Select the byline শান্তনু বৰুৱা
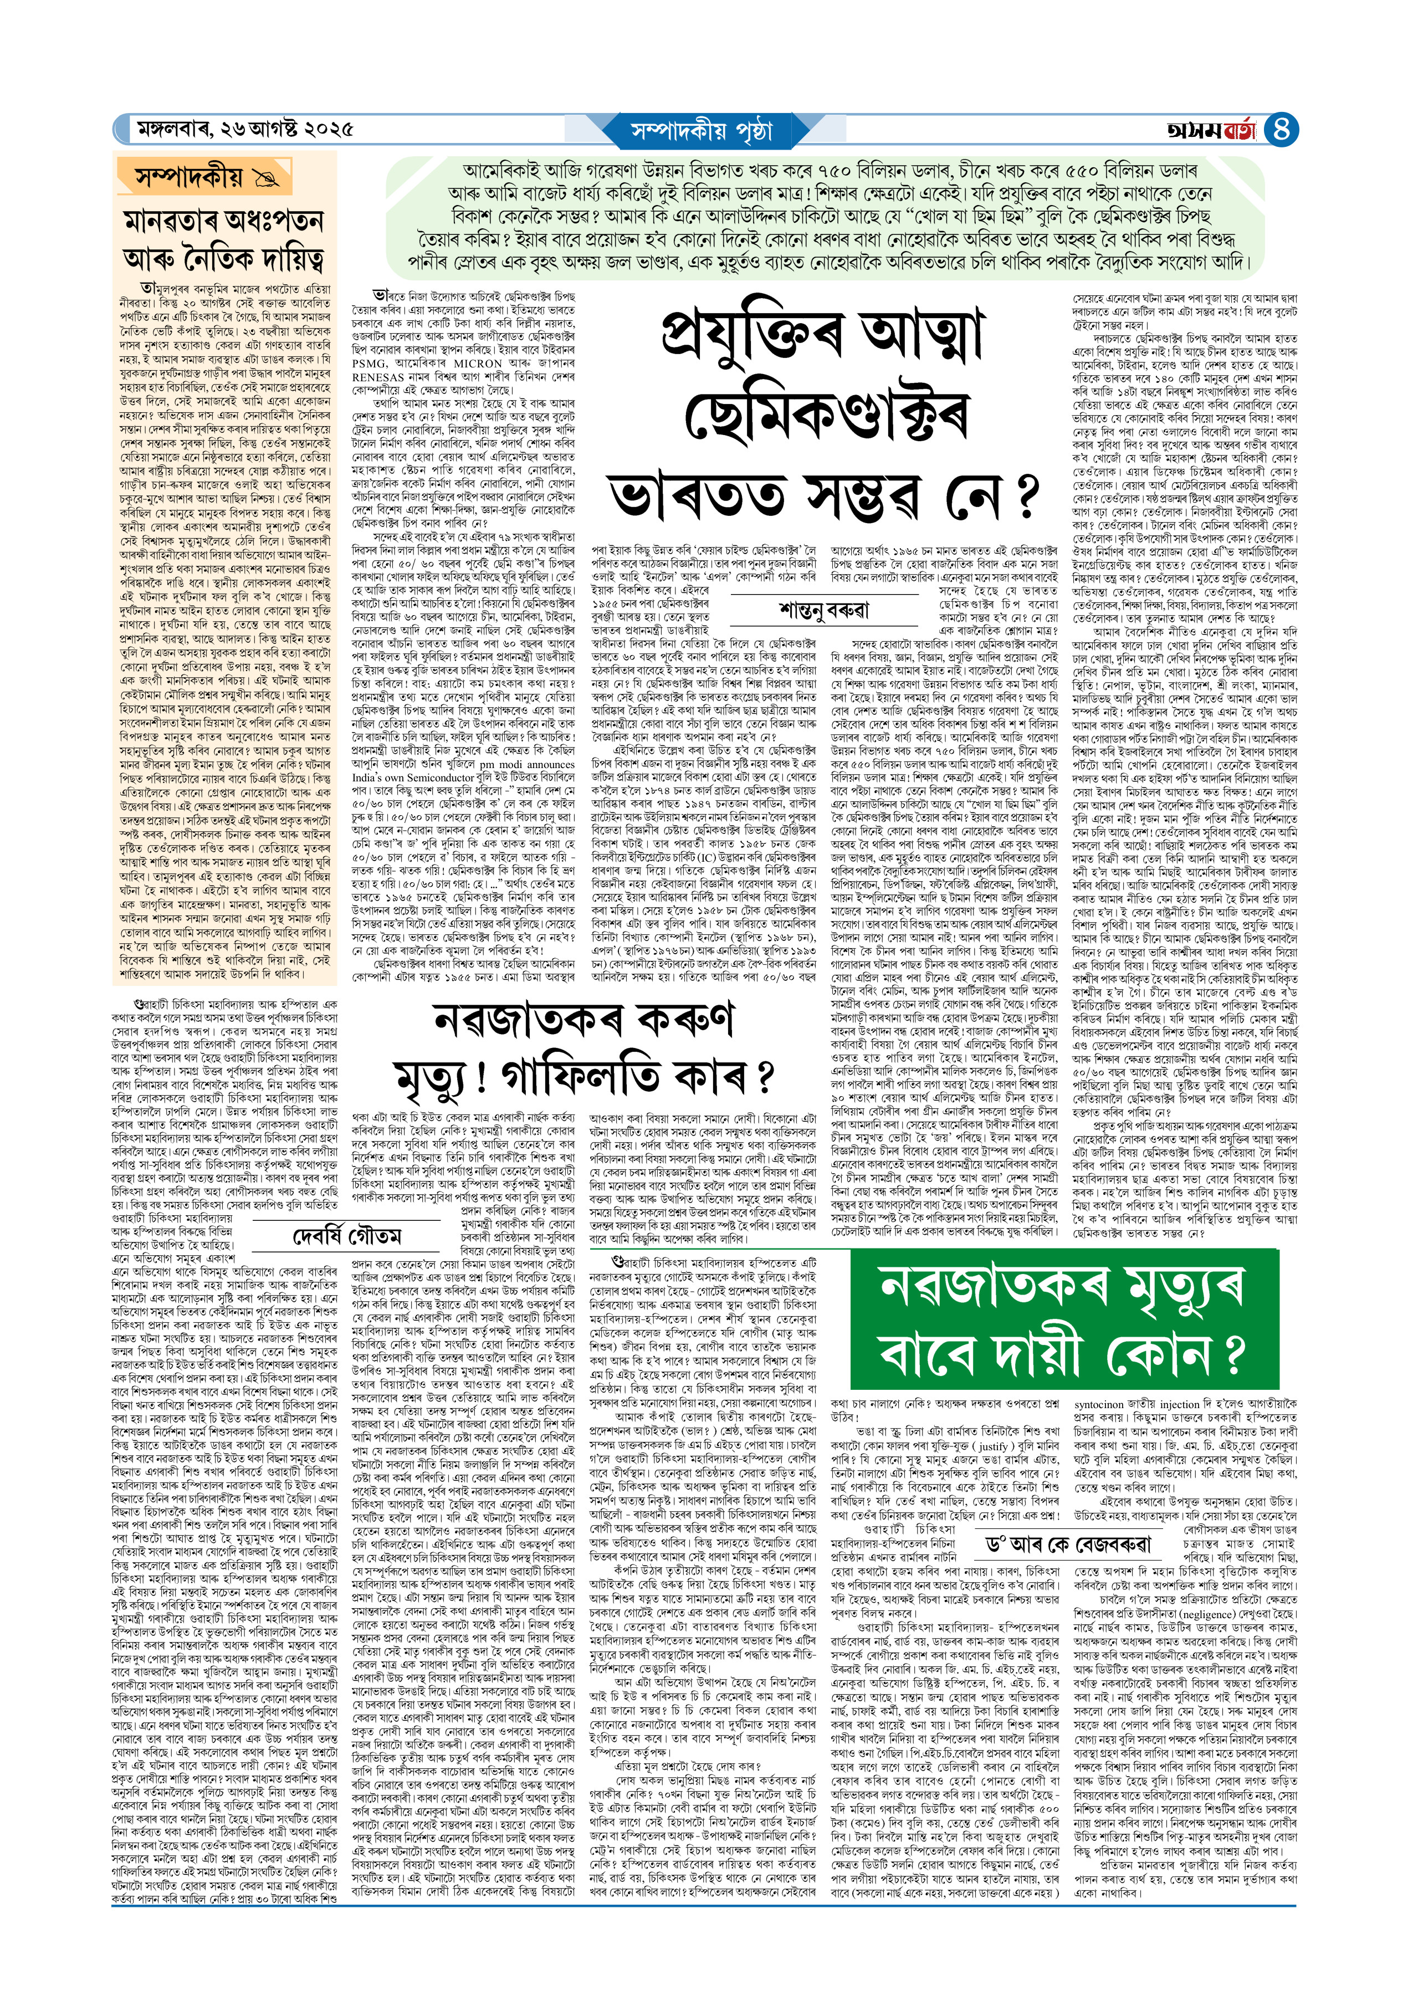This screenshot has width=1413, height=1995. pyautogui.click(x=824, y=610)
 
